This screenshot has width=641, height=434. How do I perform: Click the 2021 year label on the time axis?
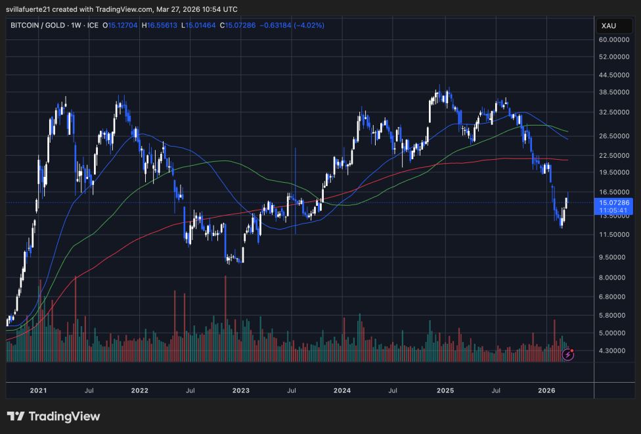tap(38, 390)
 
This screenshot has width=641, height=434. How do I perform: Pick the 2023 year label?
tap(240, 390)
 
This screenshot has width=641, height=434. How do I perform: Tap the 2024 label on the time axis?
tap(342, 390)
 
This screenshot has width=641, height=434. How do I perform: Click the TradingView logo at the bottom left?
tap(54, 416)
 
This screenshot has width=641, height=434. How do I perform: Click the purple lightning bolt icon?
tap(568, 355)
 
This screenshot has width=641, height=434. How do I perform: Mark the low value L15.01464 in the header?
tap(199, 26)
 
